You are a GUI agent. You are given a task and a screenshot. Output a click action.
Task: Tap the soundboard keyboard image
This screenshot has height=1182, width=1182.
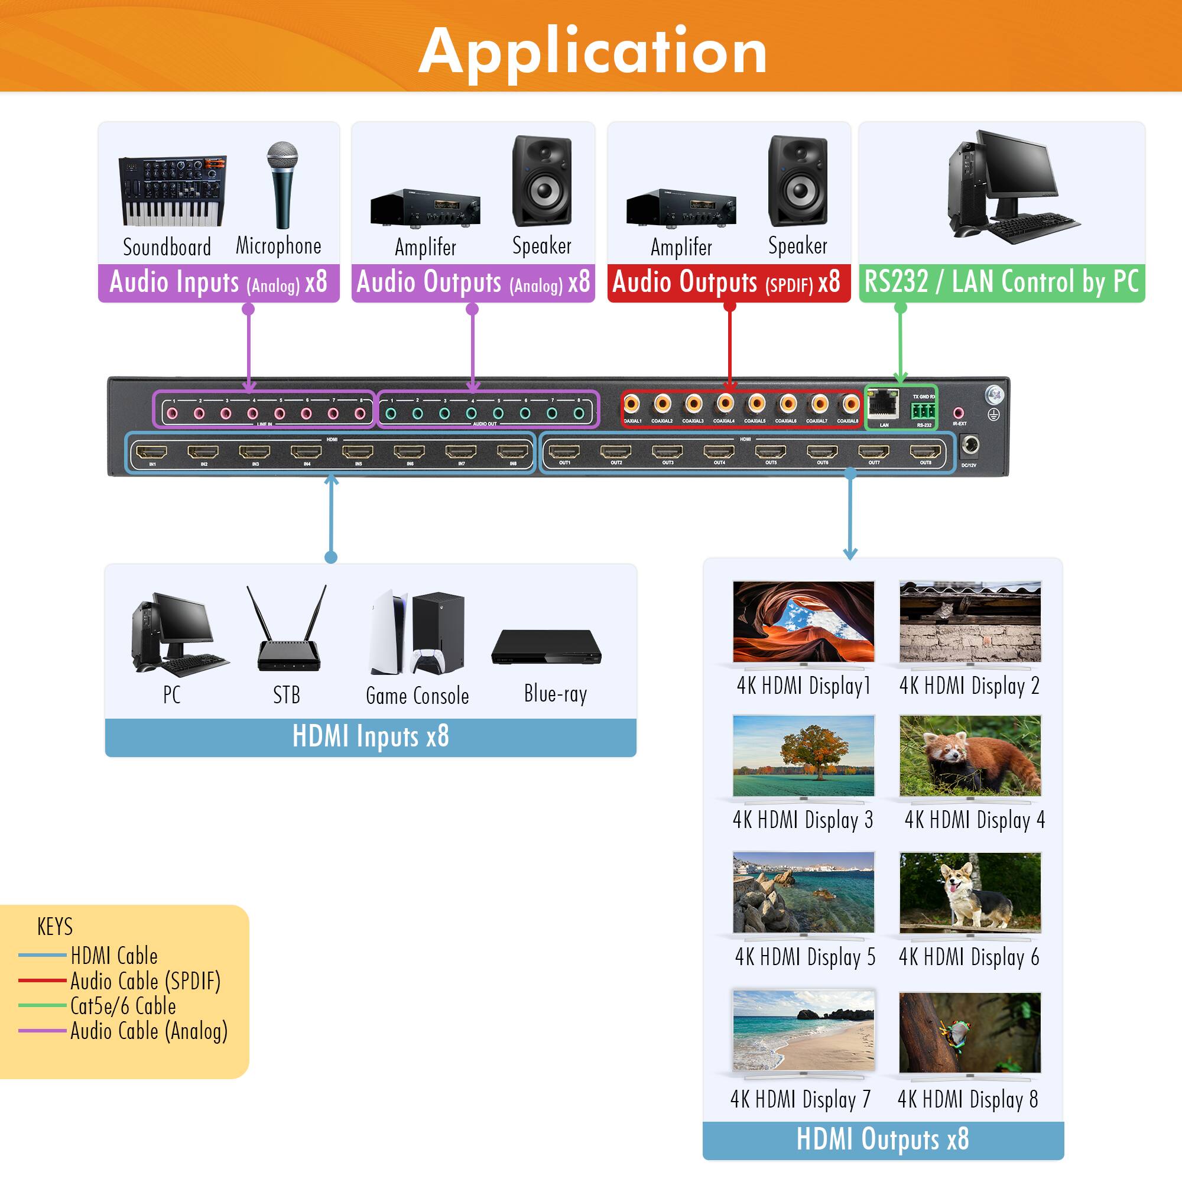coord(173,191)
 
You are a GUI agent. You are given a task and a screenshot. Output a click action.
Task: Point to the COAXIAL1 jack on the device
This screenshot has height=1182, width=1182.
coord(631,404)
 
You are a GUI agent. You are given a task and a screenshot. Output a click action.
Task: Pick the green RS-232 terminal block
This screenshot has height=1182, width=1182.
coord(924,410)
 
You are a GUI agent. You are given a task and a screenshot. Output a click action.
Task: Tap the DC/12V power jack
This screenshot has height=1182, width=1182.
coord(969,446)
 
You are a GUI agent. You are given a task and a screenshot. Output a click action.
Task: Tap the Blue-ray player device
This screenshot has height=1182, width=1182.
coord(546,647)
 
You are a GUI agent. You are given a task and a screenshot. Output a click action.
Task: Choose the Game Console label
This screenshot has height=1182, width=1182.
coord(417,696)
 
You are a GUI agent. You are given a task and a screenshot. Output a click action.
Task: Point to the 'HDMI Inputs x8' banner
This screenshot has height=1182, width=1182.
coord(371,736)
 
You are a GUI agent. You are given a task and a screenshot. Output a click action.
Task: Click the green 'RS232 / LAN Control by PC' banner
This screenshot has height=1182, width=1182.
coord(1002,282)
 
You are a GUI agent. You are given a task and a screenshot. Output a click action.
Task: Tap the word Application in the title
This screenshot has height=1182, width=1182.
coord(592,51)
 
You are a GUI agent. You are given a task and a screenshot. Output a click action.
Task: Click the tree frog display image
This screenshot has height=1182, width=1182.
coord(970,1032)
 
